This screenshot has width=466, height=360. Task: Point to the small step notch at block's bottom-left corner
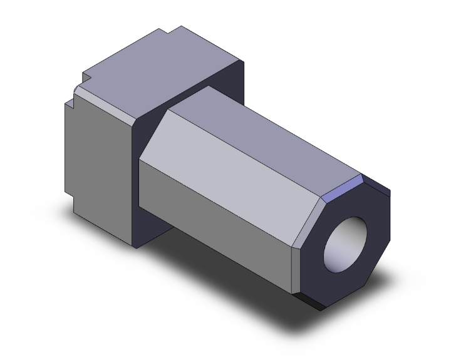point(70,203)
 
